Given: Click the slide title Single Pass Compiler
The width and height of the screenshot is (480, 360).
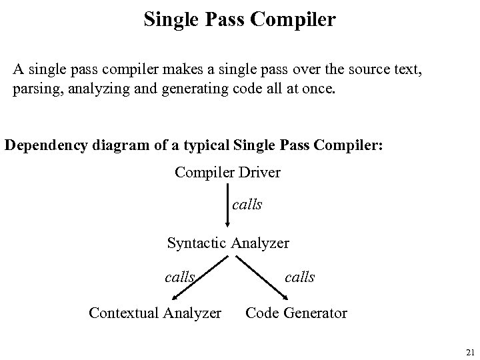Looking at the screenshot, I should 239,19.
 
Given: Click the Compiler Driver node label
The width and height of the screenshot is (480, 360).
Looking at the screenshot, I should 227,173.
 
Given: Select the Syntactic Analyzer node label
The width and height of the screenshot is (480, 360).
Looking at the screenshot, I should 228,243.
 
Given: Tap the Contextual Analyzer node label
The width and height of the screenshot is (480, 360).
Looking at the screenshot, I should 155,312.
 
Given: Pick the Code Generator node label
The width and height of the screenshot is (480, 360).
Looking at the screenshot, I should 296,312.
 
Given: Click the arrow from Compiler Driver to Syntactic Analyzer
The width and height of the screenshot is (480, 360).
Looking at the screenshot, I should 228,207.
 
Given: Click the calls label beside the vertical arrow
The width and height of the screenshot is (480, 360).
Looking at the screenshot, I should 247,205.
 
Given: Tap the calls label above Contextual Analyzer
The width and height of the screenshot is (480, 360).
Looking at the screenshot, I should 179,276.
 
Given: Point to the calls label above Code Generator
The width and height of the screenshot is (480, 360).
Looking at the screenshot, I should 299,276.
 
